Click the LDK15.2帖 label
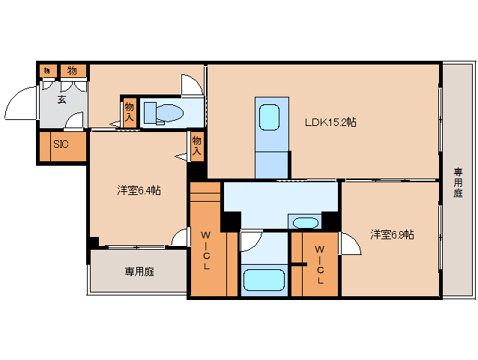pos(330,121)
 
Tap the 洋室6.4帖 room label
pos(138,190)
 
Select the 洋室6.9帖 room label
pos(392,235)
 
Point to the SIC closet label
pos(61,145)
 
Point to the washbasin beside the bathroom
pos(305,223)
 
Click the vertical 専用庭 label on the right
pos(458,182)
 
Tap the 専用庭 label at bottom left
pos(139,271)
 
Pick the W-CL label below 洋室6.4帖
pos(205,251)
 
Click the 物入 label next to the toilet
pos(130,112)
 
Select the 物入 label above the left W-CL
pos(196,145)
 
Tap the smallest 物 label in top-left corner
pos(46,70)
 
